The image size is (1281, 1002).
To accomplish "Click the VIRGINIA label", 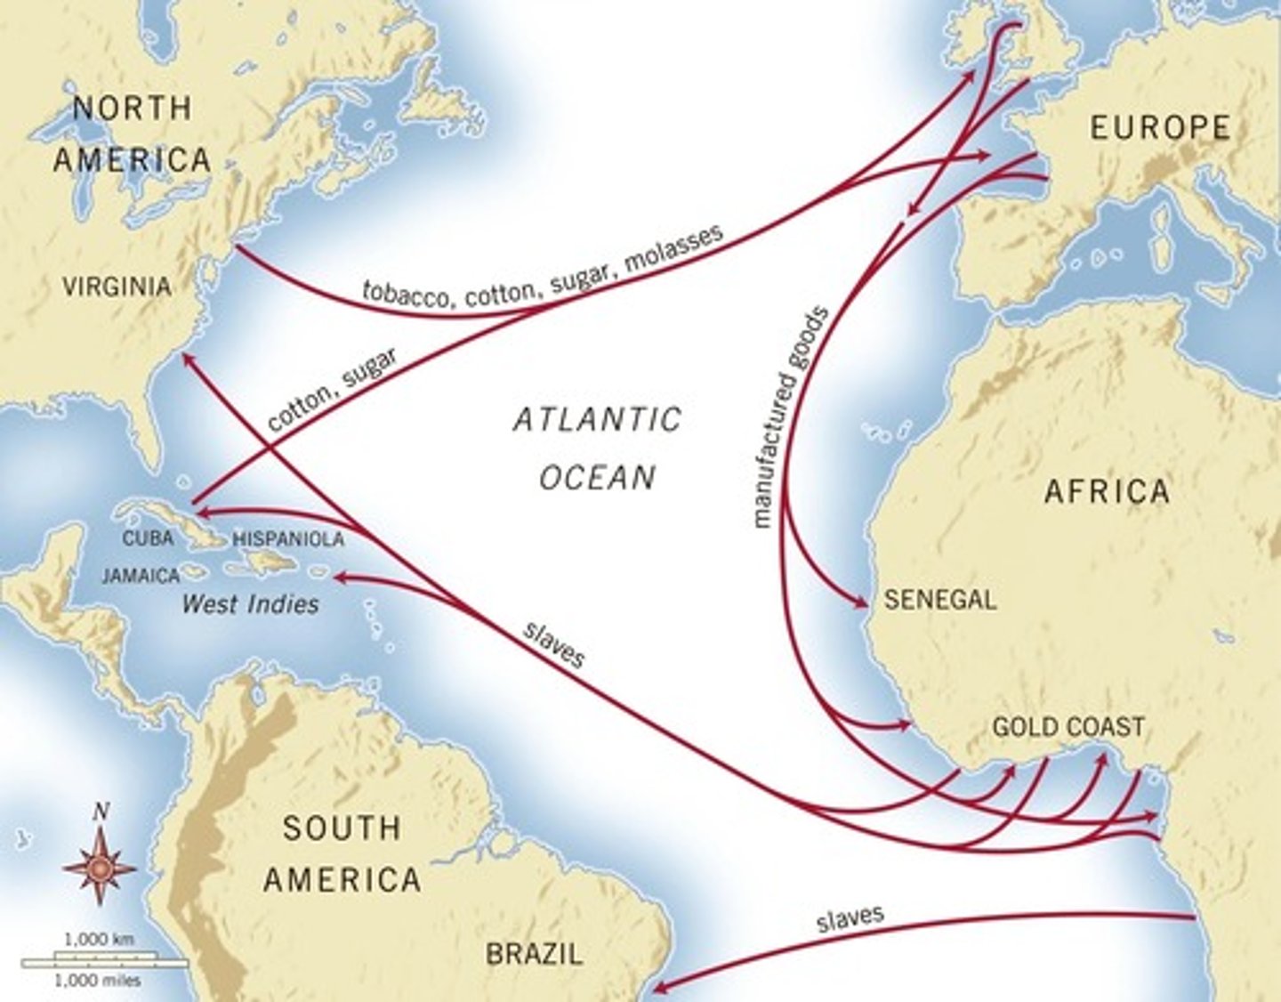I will click(117, 286).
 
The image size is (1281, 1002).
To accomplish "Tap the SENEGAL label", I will click(939, 600).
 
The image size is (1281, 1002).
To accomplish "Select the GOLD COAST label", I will click(1067, 727).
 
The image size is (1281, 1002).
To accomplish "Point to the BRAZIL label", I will click(534, 954).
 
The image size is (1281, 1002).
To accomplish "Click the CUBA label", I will click(148, 538).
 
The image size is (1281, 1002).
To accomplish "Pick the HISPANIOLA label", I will click(287, 539).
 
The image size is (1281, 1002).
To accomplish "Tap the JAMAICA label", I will click(141, 576).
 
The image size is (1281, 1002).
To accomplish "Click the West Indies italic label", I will click(250, 604).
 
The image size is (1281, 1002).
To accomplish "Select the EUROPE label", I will click(1160, 128).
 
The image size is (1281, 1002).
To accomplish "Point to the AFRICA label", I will click(1107, 491).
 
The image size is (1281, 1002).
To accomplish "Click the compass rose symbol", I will click(101, 867).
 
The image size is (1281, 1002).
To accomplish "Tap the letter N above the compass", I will click(101, 812).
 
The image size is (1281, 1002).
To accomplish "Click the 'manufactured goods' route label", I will click(790, 417).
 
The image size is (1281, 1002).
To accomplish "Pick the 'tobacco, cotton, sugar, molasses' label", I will click(542, 270).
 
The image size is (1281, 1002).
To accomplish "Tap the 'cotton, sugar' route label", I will click(331, 390).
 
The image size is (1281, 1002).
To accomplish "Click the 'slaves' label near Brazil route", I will click(850, 918).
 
